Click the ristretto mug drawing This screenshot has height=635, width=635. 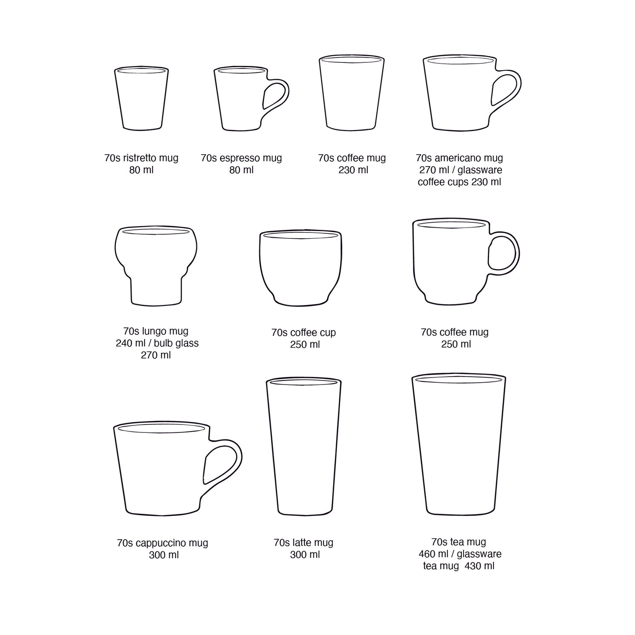142,99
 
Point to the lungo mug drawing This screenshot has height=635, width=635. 156,266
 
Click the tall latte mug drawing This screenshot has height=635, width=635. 304,446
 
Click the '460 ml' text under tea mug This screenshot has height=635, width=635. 433,554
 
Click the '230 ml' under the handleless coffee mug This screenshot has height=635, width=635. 353,170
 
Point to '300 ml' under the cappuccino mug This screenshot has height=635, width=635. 163,555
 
